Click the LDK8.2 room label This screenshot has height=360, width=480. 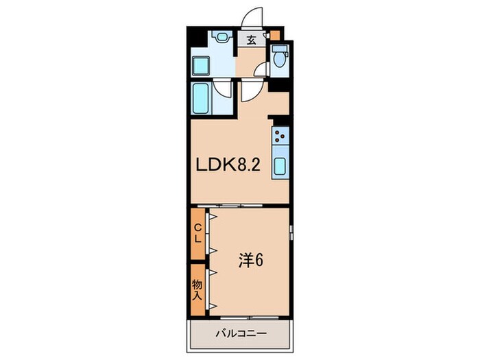pyautogui.click(x=228, y=165)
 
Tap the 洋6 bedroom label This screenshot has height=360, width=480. pyautogui.click(x=251, y=261)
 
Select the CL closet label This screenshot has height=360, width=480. pyautogui.click(x=198, y=233)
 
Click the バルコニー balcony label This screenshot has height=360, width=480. pyautogui.click(x=241, y=333)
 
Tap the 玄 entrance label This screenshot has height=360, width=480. pyautogui.click(x=252, y=40)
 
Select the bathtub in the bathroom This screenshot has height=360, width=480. pyautogui.click(x=201, y=98)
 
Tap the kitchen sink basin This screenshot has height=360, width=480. pyautogui.click(x=280, y=166)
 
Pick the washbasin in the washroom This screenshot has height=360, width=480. pyautogui.click(x=220, y=37)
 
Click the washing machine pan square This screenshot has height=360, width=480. pyautogui.click(x=201, y=66)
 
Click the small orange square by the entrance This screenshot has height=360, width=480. pyautogui.click(x=274, y=34)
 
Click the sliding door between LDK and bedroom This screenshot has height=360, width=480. pyautogui.click(x=230, y=206)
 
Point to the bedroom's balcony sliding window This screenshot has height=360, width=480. pyautogui.click(x=249, y=317)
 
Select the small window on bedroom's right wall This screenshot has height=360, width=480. pyautogui.click(x=291, y=232)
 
